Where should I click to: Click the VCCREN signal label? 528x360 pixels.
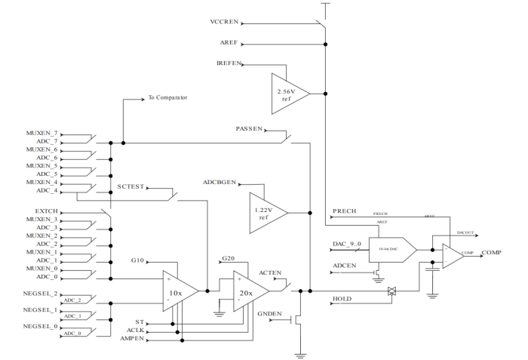(224, 21)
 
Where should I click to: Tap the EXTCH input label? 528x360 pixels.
(46, 211)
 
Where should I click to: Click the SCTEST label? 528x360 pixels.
(130, 187)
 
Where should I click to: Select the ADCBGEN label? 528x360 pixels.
(219, 183)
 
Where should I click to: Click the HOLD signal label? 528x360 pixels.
(342, 299)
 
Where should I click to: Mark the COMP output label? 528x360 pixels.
(492, 252)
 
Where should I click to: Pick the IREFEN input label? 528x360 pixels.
(229, 64)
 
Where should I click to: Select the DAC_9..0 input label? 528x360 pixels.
(348, 244)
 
